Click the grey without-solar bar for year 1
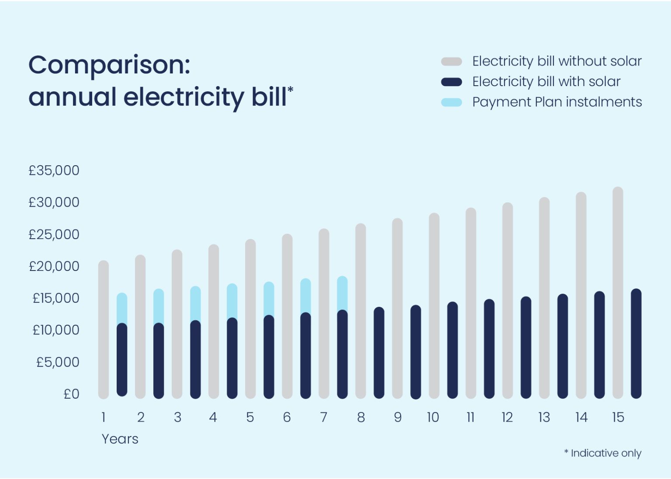pos(104,330)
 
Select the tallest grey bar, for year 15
pos(618,293)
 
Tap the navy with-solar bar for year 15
pos(636,344)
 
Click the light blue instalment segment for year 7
pos(342,293)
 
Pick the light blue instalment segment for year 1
pos(122,309)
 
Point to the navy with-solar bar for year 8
pos(379,353)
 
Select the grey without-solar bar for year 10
pos(434,306)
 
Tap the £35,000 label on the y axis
pos(54,170)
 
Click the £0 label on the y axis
pos(71,394)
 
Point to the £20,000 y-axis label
pos(54,266)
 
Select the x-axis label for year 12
pos(507,417)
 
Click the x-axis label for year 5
pos(250,417)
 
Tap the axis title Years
pos(120,439)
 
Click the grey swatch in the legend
pos(451,62)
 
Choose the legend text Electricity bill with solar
pos(546,82)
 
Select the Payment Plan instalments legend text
pos(557,102)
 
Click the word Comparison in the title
pos(109,66)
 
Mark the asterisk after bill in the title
pos(291,90)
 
